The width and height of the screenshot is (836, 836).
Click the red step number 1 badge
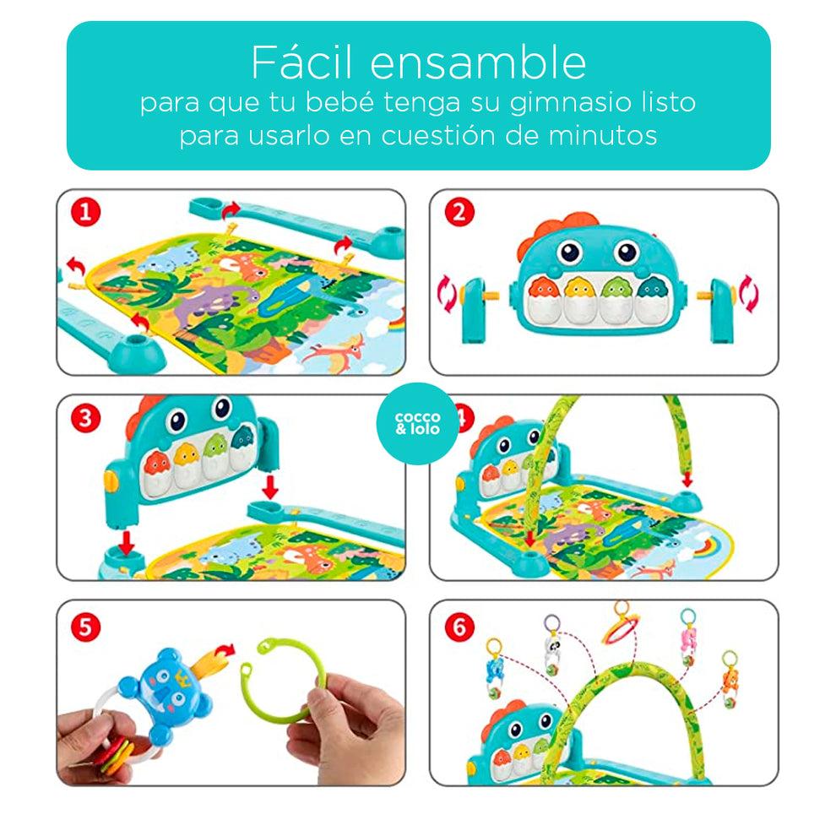tap(86, 212)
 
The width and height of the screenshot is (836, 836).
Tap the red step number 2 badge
tap(459, 212)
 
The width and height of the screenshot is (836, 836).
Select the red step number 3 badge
tap(86, 418)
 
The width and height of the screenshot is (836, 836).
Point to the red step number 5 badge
tap(86, 627)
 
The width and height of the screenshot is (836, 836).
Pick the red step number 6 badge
tap(459, 627)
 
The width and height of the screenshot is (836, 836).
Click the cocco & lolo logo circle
tap(417, 423)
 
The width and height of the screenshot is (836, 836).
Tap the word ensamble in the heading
tap(478, 62)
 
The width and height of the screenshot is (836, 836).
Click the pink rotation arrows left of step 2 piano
tap(447, 293)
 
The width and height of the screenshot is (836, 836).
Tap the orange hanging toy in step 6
tap(730, 680)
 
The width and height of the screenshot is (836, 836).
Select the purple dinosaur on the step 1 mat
tap(214, 301)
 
